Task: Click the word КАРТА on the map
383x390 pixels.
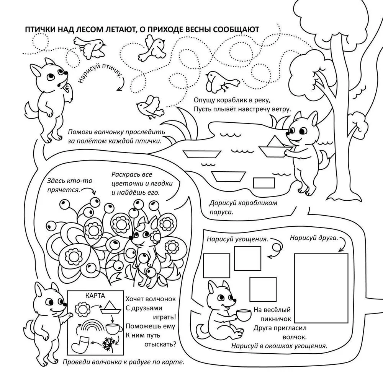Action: [95, 296]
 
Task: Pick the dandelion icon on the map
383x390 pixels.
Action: [110, 343]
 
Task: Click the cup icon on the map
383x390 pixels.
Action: [114, 329]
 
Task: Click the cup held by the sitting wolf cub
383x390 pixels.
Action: [244, 315]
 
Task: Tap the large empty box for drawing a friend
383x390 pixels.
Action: [321, 288]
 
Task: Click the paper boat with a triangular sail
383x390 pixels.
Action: [275, 147]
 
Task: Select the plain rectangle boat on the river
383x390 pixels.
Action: [264, 183]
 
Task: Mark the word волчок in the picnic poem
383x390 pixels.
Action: [294, 337]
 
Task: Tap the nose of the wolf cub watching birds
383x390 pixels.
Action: [66, 73]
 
